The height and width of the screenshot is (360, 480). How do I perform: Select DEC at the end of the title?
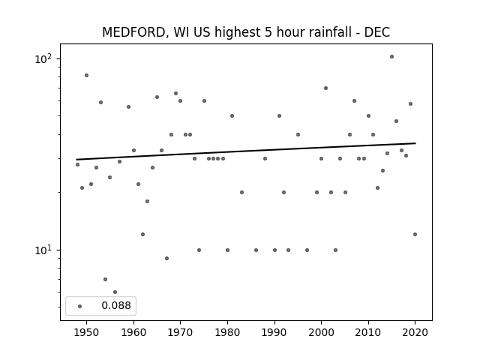pyautogui.click(x=377, y=32)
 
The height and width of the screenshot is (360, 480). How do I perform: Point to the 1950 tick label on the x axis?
pyautogui.click(x=86, y=332)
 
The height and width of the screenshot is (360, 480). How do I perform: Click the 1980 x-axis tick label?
pyautogui.click(x=227, y=332)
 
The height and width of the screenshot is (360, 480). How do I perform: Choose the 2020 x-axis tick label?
pyautogui.click(x=415, y=332)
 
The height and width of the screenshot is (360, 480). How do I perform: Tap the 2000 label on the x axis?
pyautogui.click(x=321, y=332)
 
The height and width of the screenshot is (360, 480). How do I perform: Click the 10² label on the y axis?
pyautogui.click(x=43, y=58)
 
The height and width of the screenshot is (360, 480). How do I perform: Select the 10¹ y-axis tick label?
pyautogui.click(x=43, y=250)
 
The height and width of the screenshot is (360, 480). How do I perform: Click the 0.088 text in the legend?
pyautogui.click(x=116, y=305)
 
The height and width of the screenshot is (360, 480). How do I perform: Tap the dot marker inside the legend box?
pyautogui.click(x=79, y=306)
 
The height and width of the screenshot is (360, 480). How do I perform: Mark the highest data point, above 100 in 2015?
pyautogui.click(x=391, y=57)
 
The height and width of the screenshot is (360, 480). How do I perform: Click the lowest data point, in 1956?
pyautogui.click(x=115, y=292)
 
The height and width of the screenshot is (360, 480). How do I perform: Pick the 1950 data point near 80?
pyautogui.click(x=86, y=75)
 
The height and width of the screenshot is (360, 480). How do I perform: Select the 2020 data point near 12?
pyautogui.click(x=415, y=235)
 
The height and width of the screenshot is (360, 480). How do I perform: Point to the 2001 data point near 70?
pyautogui.click(x=325, y=88)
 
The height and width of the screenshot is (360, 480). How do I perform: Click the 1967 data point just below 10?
pyautogui.click(x=166, y=258)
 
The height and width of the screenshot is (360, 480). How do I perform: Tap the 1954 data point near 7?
pyautogui.click(x=105, y=279)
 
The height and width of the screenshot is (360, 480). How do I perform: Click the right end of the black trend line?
pyautogui.click(x=415, y=143)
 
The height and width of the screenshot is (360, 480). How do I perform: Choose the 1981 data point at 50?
pyautogui.click(x=232, y=115)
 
